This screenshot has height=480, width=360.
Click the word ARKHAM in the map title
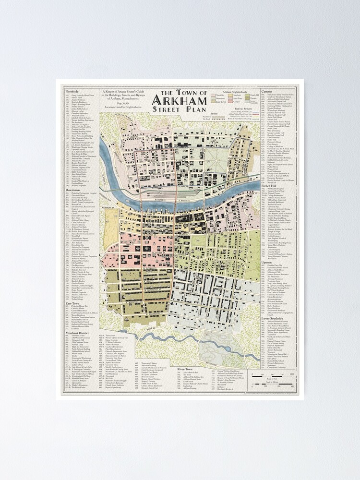(x=180, y=100)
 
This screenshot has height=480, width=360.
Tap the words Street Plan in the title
(x=180, y=109)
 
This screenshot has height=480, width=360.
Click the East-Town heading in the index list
(x=72, y=304)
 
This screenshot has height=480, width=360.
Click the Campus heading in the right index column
(x=267, y=90)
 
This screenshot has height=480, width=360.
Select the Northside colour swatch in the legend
(x=213, y=95)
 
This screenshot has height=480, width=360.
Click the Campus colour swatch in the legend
(x=230, y=102)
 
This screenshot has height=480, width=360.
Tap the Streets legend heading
(x=214, y=114)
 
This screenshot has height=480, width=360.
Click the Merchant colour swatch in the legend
(x=230, y=95)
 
